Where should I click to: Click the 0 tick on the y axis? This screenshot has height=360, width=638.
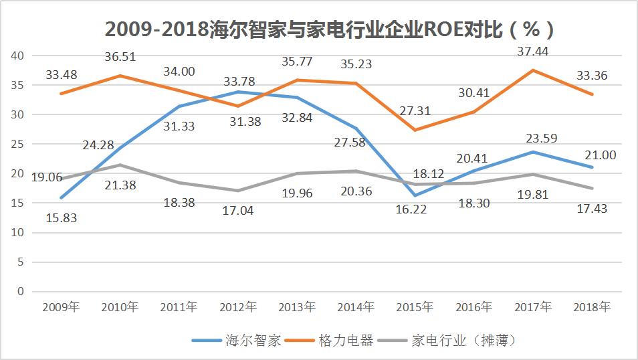click(x=20, y=291)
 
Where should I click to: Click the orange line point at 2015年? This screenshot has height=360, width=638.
click(x=415, y=130)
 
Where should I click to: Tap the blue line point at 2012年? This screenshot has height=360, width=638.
click(x=237, y=92)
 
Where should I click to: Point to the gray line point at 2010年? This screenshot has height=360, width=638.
click(x=119, y=165)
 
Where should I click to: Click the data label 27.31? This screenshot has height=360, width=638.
click(x=415, y=110)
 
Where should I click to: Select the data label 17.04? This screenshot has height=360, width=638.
click(x=237, y=211)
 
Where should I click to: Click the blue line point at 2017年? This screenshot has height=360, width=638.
click(x=533, y=152)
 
